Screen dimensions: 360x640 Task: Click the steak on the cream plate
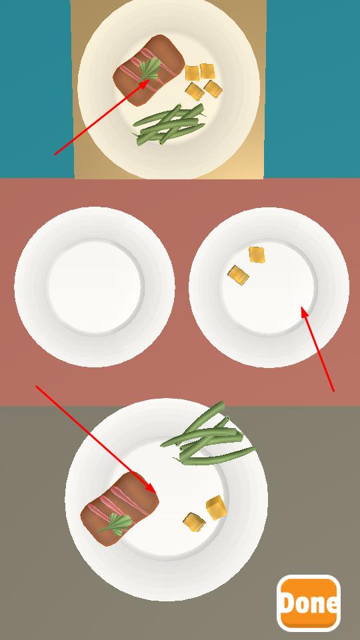click(148, 70)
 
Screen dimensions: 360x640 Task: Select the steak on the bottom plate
click(119, 509)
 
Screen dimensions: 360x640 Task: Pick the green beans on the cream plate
click(169, 124)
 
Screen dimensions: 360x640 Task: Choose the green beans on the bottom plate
click(208, 435)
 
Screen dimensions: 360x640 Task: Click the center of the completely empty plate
click(95, 287)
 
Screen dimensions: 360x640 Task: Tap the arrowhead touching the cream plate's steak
click(144, 84)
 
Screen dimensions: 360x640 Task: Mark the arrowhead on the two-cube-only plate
click(304, 312)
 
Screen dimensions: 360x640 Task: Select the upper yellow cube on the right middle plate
click(257, 255)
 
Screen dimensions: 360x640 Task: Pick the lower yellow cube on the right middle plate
click(239, 275)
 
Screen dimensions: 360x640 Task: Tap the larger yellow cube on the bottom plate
click(216, 507)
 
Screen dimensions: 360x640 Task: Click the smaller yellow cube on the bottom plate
click(194, 522)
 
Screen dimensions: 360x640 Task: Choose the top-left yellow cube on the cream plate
click(192, 73)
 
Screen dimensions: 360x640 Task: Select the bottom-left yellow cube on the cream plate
click(195, 91)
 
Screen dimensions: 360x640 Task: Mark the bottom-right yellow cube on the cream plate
click(213, 89)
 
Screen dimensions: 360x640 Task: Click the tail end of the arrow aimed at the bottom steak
click(36, 386)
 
